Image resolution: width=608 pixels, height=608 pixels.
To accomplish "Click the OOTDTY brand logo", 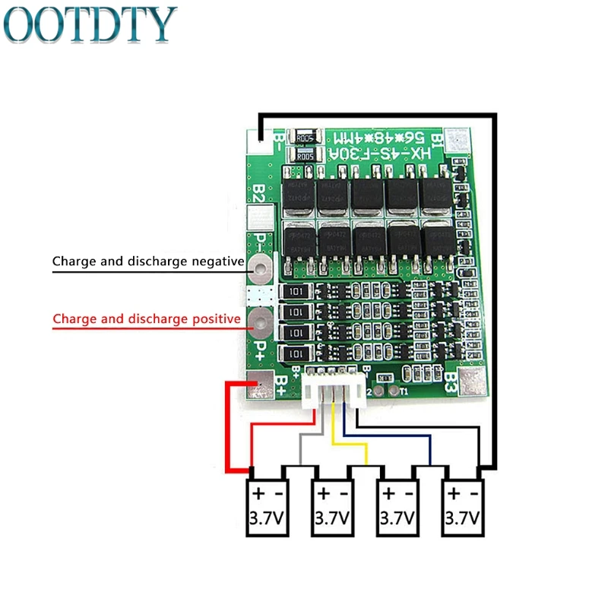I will coord(91,24).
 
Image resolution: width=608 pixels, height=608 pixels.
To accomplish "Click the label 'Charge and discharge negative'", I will coord(147,262).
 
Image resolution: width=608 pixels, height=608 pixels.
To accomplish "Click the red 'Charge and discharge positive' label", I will coord(146,319).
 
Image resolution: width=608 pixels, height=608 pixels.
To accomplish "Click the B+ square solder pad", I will coord(261,385).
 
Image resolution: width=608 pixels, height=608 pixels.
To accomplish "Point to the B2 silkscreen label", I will coord(258,193).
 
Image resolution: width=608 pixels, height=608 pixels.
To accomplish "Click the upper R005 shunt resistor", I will coord(305,138).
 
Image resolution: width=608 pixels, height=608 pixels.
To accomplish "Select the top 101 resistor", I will coord(296,293).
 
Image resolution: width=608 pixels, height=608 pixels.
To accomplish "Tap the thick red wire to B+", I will coord(228,426).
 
